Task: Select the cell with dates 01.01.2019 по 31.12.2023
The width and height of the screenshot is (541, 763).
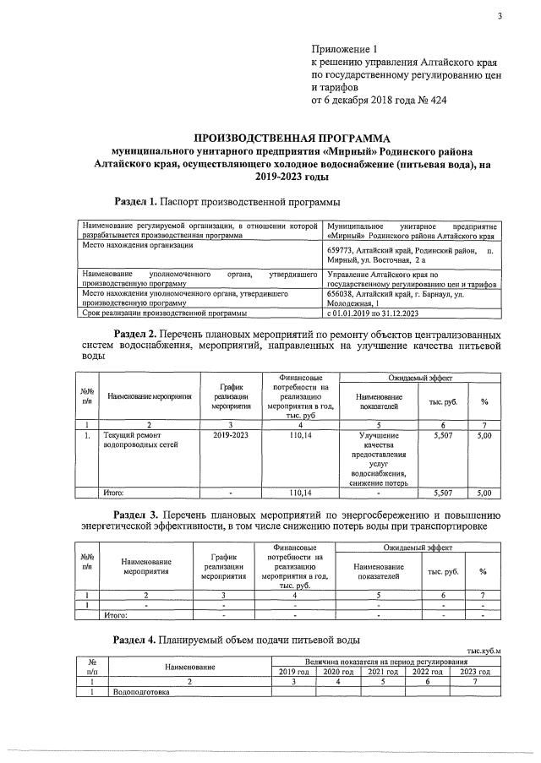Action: (373, 313)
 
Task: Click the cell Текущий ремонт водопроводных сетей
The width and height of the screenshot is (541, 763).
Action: (139, 439)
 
